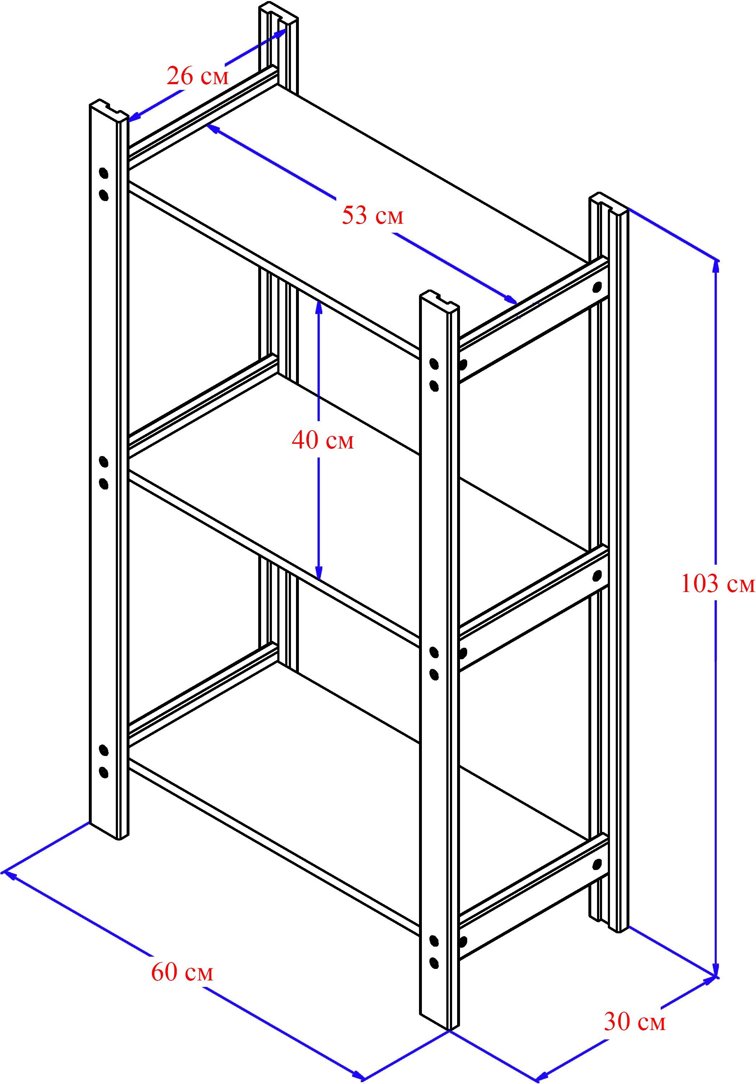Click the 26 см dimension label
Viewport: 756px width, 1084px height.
click(197, 76)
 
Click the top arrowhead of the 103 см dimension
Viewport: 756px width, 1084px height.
click(716, 266)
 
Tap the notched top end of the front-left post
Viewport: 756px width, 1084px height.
click(109, 110)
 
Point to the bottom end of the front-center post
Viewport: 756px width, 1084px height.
click(440, 1021)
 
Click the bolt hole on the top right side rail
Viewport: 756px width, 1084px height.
click(597, 287)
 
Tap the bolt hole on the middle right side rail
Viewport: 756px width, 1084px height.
click(597, 575)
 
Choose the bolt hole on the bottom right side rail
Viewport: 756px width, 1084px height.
click(597, 864)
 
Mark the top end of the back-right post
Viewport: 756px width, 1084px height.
click(609, 203)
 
